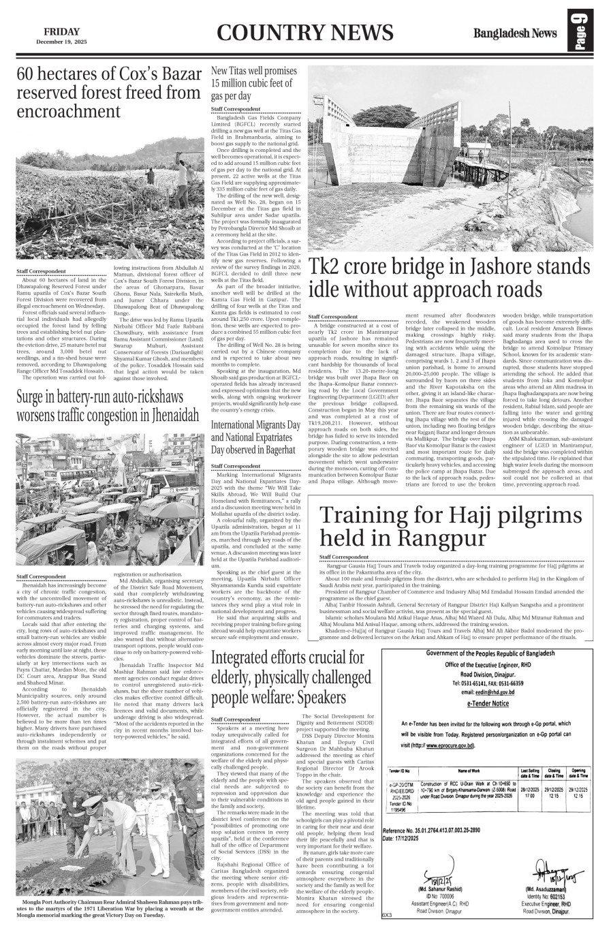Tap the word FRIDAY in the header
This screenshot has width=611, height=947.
click(61, 31)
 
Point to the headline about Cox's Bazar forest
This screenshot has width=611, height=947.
click(109, 93)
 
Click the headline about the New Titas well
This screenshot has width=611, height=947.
click(253, 84)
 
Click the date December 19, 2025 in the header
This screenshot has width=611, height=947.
click(61, 42)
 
